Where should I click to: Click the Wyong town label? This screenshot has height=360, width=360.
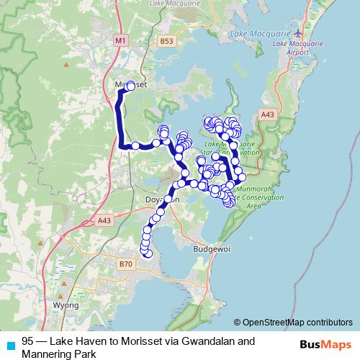tap(66, 305)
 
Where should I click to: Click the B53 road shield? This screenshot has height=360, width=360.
tap(167, 42)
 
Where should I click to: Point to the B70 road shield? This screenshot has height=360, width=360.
tap(125, 264)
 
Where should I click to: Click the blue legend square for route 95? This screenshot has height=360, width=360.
tap(10, 345)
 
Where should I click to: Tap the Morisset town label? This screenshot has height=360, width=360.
tap(129, 84)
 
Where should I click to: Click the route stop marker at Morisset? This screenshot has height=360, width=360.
tap(130, 86)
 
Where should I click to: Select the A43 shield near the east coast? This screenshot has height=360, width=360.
tap(268, 114)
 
